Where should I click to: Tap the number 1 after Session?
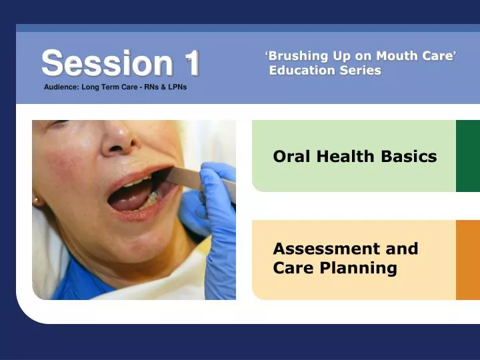192,63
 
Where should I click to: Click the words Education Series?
325,71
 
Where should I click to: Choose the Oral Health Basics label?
355,157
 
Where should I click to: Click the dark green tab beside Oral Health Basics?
467,156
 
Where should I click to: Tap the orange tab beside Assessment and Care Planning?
467,260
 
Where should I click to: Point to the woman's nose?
117,140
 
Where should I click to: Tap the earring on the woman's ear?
35,200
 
